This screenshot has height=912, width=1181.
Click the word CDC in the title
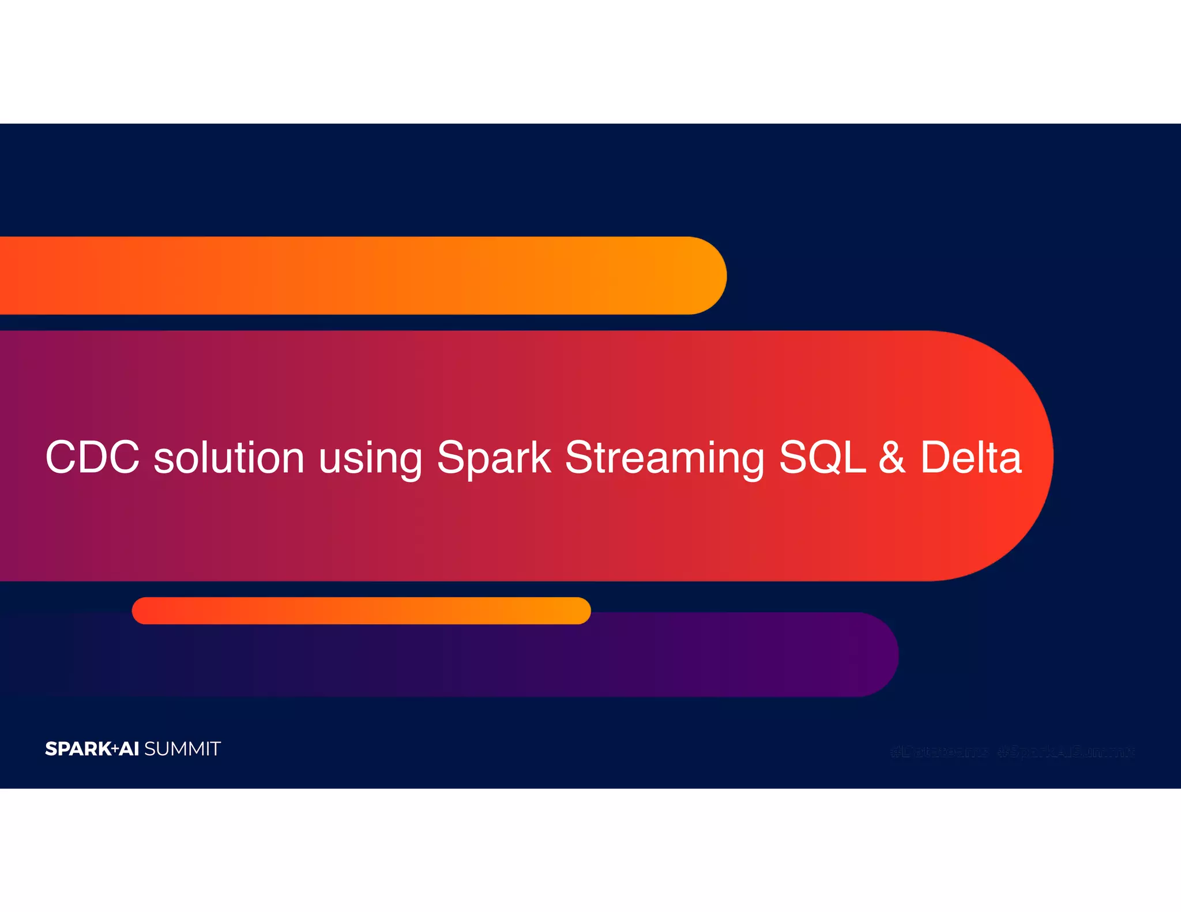coord(92,457)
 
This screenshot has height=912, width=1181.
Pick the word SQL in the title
coord(822,457)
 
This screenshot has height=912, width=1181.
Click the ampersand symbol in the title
coord(892,457)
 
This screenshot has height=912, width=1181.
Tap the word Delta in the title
coord(971,457)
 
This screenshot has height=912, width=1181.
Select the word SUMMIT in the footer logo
coord(182,749)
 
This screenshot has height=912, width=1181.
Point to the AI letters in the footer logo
coord(129,749)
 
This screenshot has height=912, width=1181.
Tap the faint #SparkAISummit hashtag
coord(1066,752)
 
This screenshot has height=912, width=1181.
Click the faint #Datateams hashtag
coord(939,752)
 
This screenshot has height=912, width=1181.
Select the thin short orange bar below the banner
coord(361,610)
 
